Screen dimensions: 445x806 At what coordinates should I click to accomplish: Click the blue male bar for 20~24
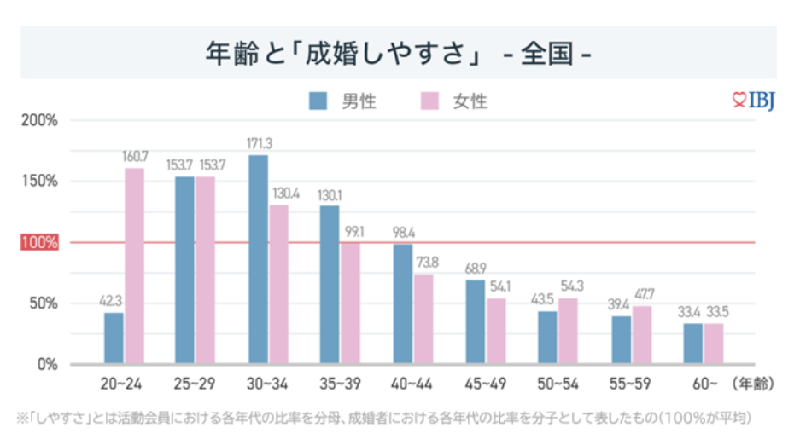tap(114, 338)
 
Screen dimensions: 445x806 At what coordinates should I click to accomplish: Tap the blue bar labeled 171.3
tap(258, 259)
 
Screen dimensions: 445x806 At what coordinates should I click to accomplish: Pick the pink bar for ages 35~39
tap(351, 303)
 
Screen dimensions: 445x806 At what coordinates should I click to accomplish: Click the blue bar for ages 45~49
tap(476, 322)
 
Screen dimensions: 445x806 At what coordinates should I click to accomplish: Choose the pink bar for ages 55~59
tap(642, 335)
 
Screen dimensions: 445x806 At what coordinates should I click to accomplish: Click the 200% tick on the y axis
tap(39, 120)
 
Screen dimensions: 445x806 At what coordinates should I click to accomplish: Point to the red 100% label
tap(39, 243)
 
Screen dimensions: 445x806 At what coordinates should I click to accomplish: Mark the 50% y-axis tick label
tap(43, 303)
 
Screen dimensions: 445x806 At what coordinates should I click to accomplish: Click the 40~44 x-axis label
tap(413, 384)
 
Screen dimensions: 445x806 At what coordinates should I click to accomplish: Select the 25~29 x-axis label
tap(196, 384)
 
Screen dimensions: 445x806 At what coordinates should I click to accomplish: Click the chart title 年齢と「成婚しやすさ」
tap(342, 52)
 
